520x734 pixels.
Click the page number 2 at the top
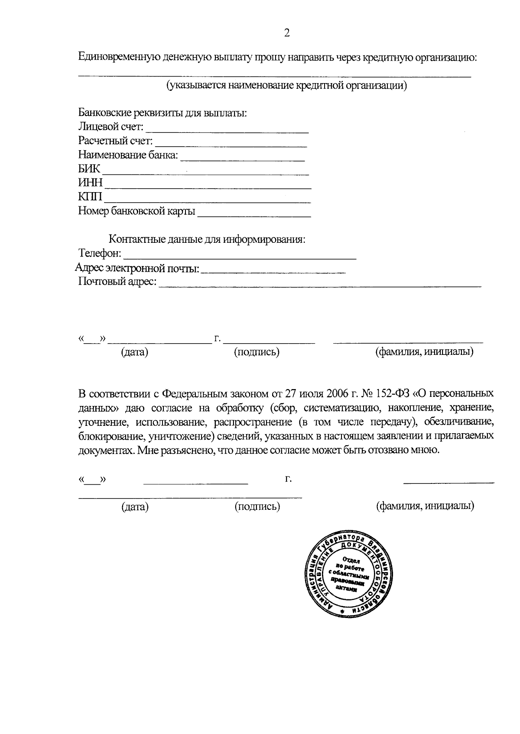[x=286, y=33]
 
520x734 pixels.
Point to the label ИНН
[x=90, y=183]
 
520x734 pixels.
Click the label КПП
[x=90, y=197]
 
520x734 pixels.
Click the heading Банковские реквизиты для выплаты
[x=162, y=113]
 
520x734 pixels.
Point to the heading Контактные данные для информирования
[x=207, y=239]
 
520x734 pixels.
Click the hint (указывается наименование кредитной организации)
[x=287, y=85]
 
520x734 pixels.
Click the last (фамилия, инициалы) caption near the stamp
[x=425, y=505]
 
